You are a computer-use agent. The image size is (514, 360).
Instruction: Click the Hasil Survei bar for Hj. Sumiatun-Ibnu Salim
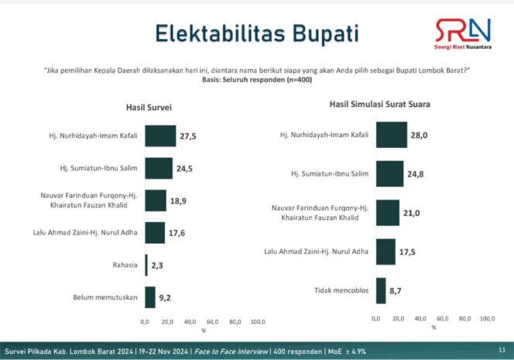click(158, 168)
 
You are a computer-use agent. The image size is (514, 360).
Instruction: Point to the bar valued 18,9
click(155, 200)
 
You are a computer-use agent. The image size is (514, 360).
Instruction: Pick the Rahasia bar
click(146, 265)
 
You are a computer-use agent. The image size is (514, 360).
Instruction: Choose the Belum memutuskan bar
click(149, 297)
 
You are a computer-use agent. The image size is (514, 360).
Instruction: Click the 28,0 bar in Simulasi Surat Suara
click(392, 135)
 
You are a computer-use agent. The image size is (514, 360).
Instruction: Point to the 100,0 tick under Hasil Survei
click(257, 321)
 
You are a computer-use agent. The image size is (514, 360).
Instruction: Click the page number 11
click(502, 349)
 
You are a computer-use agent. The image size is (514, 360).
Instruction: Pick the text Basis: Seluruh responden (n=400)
click(256, 80)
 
